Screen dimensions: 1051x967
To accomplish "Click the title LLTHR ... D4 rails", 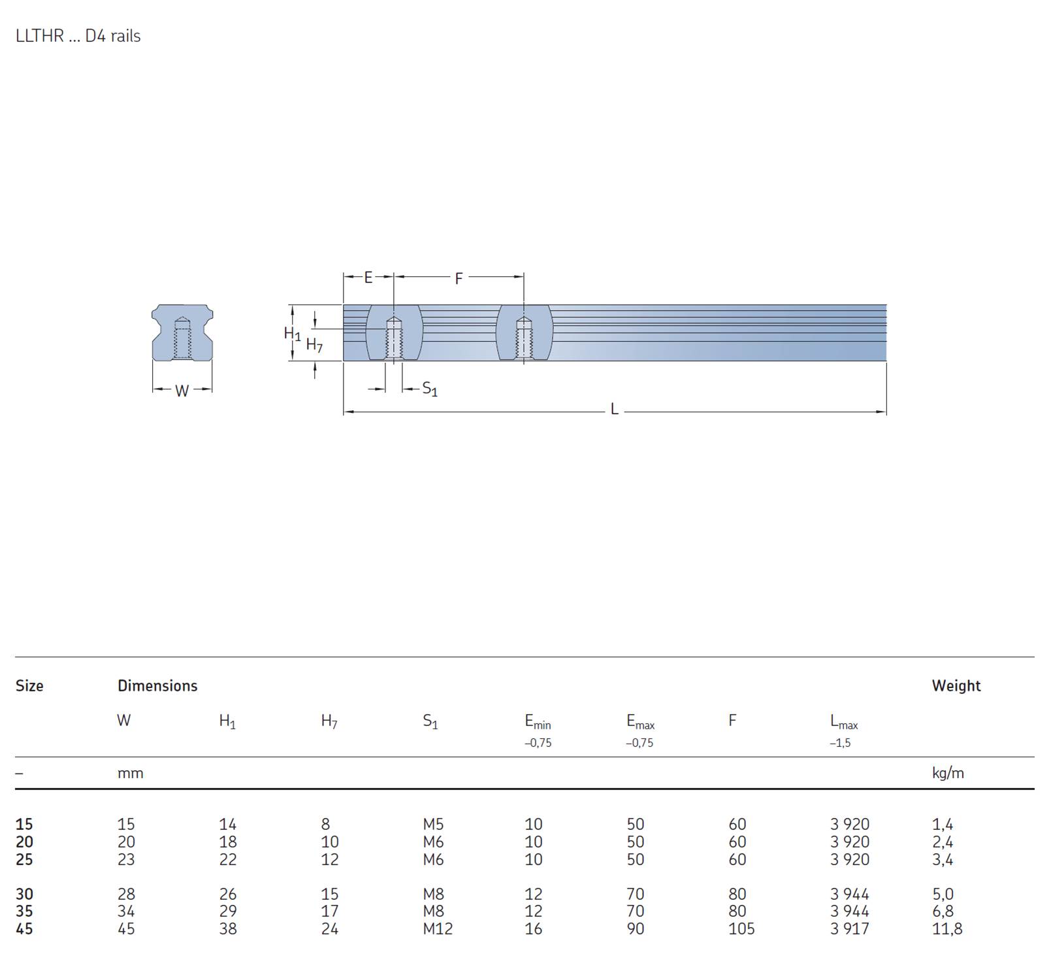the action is (x=78, y=36).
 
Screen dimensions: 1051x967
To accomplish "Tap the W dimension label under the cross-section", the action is (x=182, y=391).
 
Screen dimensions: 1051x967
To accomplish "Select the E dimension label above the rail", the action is (x=368, y=278).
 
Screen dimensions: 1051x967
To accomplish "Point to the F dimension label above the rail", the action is (x=459, y=279).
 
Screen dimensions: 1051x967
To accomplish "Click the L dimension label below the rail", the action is (x=614, y=410).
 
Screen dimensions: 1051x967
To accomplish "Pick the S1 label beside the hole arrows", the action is (x=430, y=389).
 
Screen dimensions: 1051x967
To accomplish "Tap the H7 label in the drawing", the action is (x=314, y=344).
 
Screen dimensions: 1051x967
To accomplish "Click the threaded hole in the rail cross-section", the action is (x=183, y=338).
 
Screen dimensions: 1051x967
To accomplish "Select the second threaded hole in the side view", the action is (x=524, y=338).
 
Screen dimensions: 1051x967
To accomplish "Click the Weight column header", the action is (x=956, y=685).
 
